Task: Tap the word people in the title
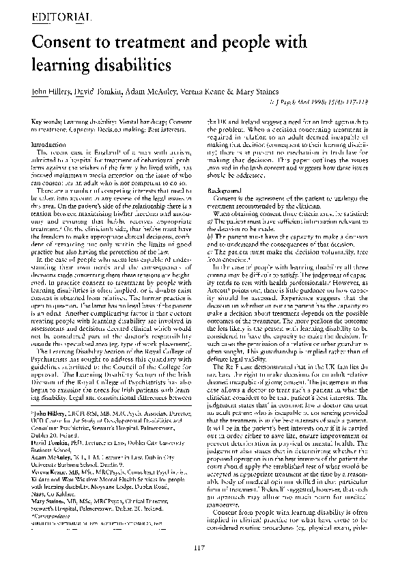tap(246, 43)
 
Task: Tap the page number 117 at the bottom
tap(199, 545)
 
